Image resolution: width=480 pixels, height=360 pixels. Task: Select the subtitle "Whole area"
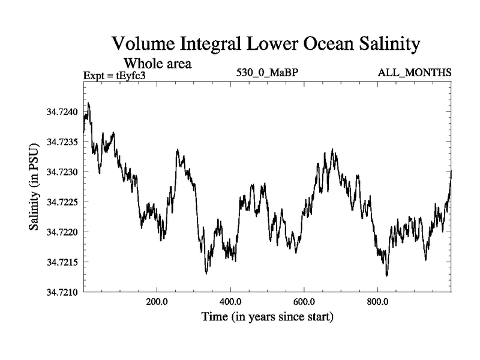157,63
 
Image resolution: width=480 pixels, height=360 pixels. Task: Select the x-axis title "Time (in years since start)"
267,316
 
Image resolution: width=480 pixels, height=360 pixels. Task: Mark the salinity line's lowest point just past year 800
387,275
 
